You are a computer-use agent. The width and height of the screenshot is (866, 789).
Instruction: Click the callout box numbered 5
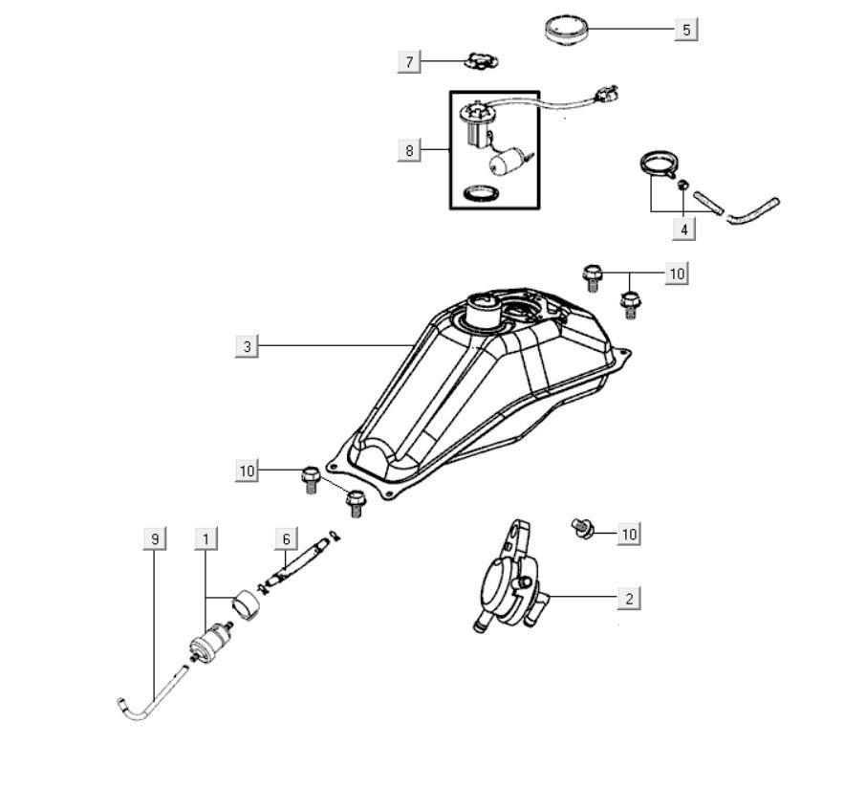(x=685, y=30)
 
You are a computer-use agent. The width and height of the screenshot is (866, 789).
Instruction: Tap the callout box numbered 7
(x=410, y=62)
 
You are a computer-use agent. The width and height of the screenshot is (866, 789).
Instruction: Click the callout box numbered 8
(x=410, y=150)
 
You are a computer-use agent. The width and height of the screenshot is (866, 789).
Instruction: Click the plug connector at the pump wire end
(x=607, y=94)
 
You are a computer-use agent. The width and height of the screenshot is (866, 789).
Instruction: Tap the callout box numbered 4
(x=683, y=229)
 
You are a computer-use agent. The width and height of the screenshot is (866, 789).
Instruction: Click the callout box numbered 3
(x=247, y=346)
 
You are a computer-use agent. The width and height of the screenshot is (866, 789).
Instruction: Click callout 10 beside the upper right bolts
(x=677, y=274)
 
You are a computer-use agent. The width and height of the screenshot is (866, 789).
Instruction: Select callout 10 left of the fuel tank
(x=248, y=470)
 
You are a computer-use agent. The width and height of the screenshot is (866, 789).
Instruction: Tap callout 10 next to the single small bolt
(x=628, y=534)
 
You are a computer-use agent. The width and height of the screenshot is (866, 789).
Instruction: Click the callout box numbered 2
(x=628, y=599)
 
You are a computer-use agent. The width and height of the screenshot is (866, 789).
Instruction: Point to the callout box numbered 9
(x=154, y=539)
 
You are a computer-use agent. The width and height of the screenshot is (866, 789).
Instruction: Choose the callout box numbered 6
(x=285, y=539)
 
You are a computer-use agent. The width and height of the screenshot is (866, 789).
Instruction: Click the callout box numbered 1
(x=205, y=539)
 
